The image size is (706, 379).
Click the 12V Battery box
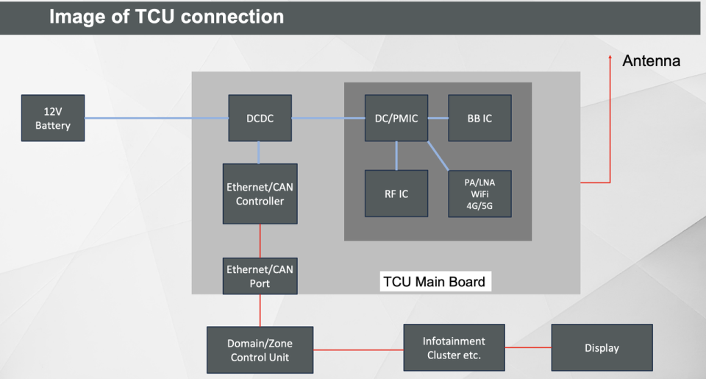pos(53,118)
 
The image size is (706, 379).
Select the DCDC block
pos(260,118)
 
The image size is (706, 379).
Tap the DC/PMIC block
pos(396,118)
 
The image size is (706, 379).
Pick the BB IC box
pos(479,118)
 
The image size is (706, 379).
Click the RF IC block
pos(396,194)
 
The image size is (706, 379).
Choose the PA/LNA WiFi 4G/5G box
pos(479,194)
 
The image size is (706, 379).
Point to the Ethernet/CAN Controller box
pos(260,194)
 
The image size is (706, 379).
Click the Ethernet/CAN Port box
pos(260,276)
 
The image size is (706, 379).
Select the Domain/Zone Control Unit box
pos(260,350)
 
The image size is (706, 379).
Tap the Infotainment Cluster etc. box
pos(454,348)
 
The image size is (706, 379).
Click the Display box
pos(602,348)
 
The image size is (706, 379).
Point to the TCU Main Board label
pos(435,282)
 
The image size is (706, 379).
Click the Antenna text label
pos(652,61)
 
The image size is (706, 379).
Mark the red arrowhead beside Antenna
pos(610,58)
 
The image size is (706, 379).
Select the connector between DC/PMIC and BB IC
pos(438,118)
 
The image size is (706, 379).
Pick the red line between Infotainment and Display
pos(528,347)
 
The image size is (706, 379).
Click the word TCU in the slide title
pos(156,16)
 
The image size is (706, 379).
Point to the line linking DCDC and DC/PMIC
pos(328,118)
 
